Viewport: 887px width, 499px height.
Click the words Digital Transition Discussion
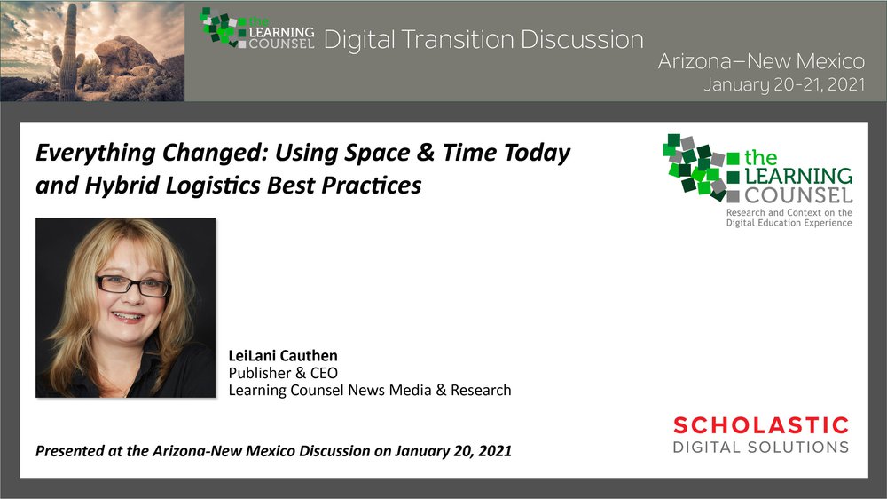(x=483, y=40)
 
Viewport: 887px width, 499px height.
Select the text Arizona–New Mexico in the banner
(x=761, y=61)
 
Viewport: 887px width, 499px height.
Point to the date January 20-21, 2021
(x=784, y=85)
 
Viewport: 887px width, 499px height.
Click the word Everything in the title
(x=96, y=153)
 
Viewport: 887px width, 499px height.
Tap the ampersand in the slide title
(x=425, y=152)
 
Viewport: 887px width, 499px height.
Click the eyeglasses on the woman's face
(x=132, y=284)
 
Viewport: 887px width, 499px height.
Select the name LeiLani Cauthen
(x=283, y=356)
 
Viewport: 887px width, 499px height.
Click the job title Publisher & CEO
(x=283, y=373)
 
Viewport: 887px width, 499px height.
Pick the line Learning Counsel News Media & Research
(x=370, y=391)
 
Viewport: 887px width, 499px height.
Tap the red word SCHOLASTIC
(x=761, y=424)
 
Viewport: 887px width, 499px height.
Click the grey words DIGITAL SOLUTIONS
(x=761, y=447)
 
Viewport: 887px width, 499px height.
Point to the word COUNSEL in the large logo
(x=798, y=196)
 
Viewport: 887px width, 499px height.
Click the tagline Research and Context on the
(x=789, y=212)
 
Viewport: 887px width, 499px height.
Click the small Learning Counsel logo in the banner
(x=257, y=28)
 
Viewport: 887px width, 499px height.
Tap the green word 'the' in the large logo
(x=760, y=157)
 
